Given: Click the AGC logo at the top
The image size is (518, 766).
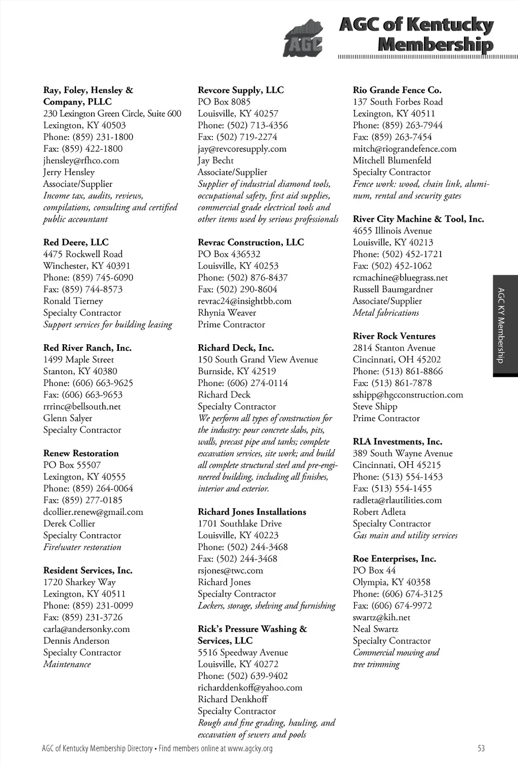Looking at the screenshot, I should click(303, 39).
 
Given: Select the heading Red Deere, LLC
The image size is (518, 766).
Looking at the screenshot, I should click(76, 243).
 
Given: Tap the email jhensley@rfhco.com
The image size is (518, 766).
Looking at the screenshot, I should click(81, 160).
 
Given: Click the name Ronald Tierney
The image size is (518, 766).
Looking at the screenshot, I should click(73, 301).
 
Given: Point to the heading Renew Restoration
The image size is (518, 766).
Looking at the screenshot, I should click(81, 454).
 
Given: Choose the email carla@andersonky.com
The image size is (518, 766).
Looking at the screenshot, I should click(87, 629).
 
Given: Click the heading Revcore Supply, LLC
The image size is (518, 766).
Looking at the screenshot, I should click(241, 90).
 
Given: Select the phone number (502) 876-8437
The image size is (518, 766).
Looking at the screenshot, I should click(243, 278).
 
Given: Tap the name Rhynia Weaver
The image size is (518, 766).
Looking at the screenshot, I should click(227, 313).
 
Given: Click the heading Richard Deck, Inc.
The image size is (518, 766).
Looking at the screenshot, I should click(236, 348).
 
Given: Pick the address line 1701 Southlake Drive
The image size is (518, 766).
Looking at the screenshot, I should click(240, 524).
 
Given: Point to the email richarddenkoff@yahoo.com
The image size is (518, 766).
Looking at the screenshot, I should click(250, 688).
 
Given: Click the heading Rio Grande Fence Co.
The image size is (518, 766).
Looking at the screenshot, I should click(397, 90).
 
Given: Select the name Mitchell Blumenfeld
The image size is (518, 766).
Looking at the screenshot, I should click(392, 160).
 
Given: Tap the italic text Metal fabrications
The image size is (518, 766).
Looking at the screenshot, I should click(386, 313).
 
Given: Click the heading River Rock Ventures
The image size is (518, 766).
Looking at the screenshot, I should click(394, 336).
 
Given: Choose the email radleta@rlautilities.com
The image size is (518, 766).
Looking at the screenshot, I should click(397, 500).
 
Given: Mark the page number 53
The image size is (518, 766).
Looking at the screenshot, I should click(481, 748).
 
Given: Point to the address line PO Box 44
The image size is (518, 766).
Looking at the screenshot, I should click(374, 571).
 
